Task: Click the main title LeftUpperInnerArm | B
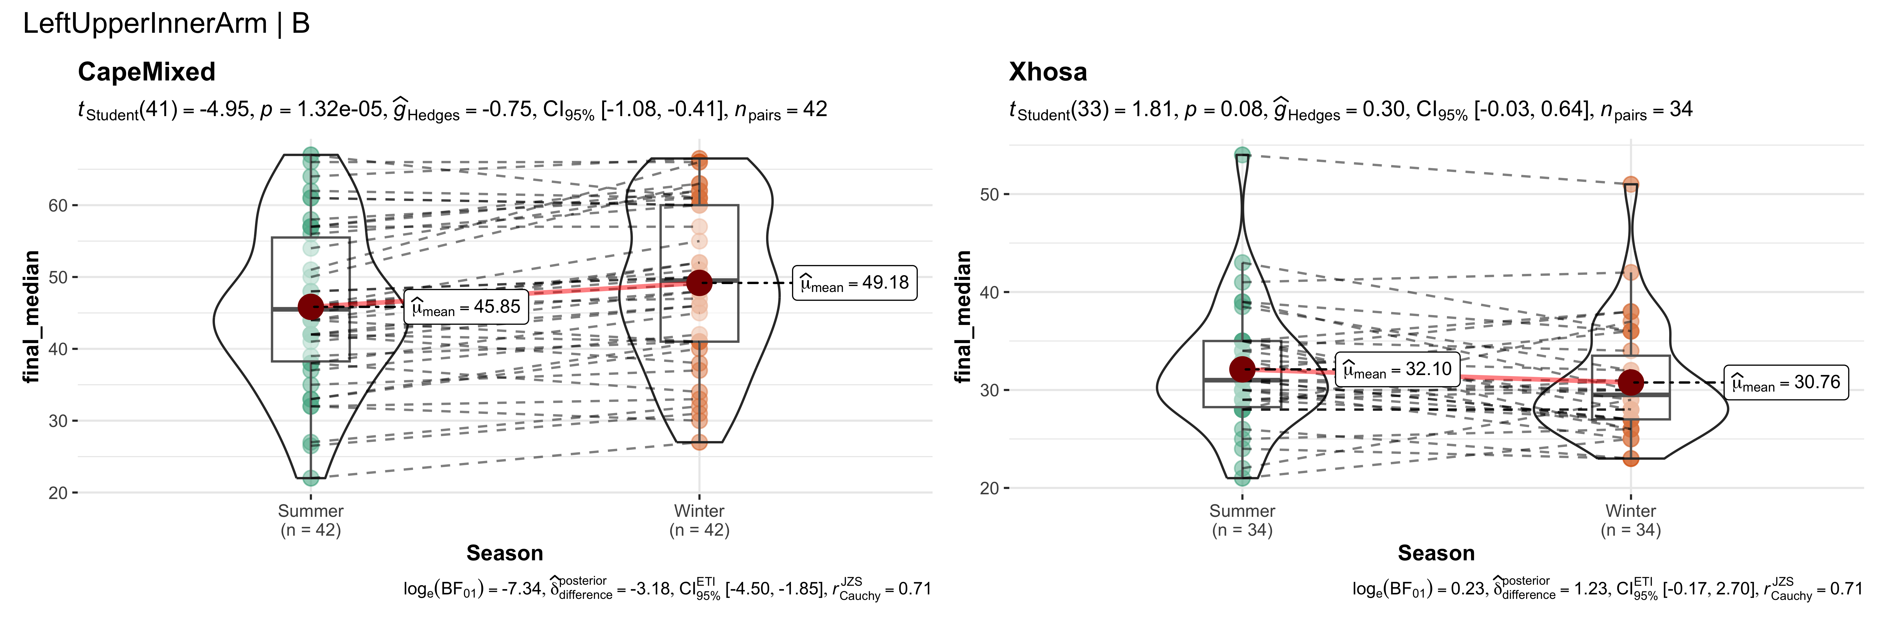166,23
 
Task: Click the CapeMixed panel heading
147,72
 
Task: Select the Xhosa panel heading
1048,72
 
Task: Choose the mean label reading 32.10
1397,369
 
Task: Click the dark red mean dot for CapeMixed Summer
311,307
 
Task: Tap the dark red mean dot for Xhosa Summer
1242,369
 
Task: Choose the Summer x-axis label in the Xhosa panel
1242,511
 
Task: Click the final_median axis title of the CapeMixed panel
31,316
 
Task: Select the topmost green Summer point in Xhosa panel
1242,155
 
